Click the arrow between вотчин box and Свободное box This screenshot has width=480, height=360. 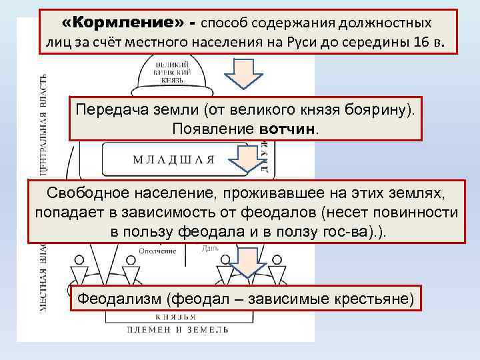(x=246, y=159)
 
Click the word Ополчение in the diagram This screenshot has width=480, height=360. (x=158, y=251)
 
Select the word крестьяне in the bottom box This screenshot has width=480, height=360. (x=372, y=298)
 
